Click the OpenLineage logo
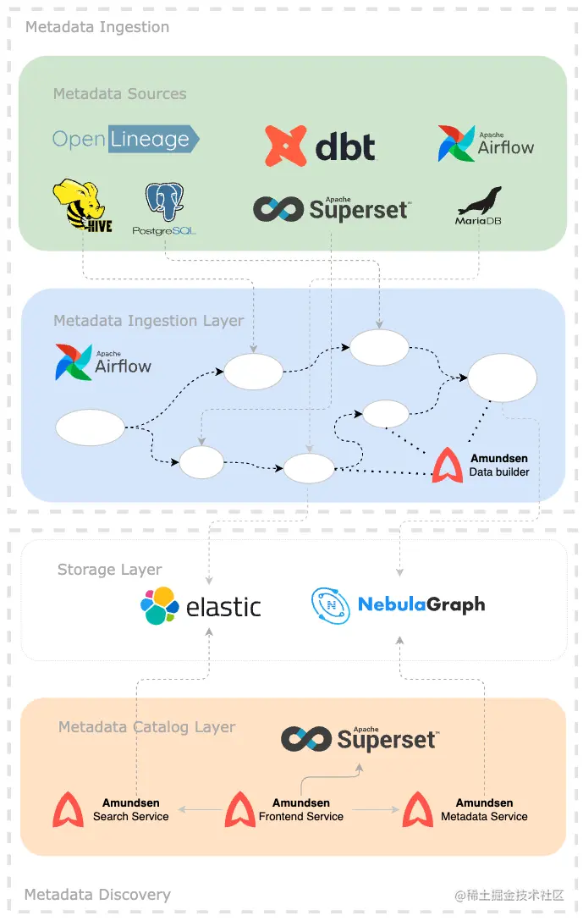[125, 139]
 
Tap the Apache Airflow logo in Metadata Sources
[486, 144]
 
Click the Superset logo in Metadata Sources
[332, 208]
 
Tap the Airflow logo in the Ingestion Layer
[102, 362]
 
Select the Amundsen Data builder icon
[448, 466]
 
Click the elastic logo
[201, 606]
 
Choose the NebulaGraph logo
[398, 605]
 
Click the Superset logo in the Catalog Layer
[360, 739]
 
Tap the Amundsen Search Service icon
[69, 810]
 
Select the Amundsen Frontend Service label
[301, 810]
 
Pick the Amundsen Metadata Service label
[484, 810]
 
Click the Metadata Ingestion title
[97, 27]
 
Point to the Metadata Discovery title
[97, 895]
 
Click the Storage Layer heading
[109, 570]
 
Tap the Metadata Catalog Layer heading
[146, 727]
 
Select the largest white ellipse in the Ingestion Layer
[502, 378]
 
